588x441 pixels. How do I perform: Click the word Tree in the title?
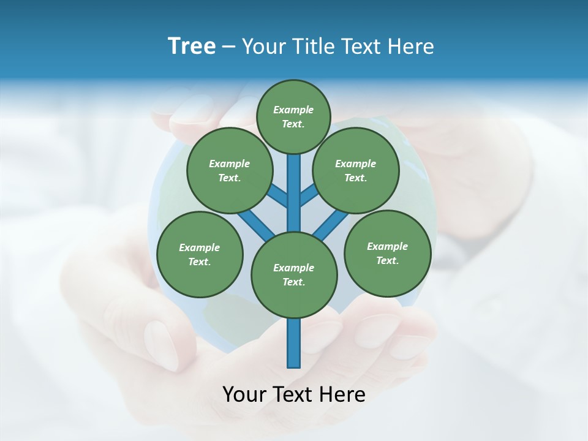pos(192,47)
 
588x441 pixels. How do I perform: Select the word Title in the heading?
pos(312,47)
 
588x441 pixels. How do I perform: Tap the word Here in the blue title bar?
pos(410,47)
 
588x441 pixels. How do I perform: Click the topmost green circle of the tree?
pos(293,116)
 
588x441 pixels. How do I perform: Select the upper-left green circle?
pos(230,170)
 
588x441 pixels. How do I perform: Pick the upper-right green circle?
pos(356,170)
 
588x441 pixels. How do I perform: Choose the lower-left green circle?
pos(200,254)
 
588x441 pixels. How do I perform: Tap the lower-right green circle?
pos(387,253)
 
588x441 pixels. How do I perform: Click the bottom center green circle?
pos(294,274)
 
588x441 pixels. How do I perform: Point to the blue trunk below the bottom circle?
pos(294,343)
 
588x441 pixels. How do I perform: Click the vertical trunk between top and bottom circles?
pos(294,193)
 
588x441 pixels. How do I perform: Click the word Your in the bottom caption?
pos(243,394)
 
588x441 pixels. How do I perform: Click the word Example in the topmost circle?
pos(293,110)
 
